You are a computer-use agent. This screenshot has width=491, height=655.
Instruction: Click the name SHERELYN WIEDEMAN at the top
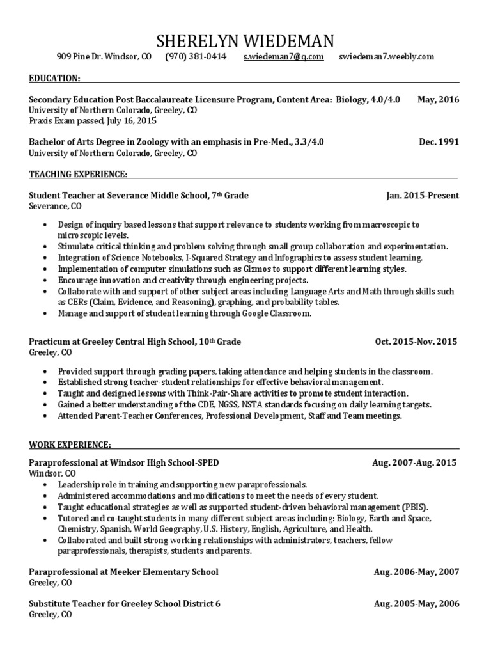(245, 42)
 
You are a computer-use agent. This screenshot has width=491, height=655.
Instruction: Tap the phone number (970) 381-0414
(196, 57)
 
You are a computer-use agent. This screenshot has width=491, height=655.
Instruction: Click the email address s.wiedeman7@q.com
(283, 57)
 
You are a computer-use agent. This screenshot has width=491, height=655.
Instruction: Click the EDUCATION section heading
(54, 78)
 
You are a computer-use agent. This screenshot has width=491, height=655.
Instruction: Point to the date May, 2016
(438, 99)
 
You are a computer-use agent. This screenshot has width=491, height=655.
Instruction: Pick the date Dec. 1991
(439, 142)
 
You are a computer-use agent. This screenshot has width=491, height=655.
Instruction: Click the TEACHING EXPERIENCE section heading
(78, 174)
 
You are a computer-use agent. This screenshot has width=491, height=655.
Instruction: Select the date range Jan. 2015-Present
(422, 195)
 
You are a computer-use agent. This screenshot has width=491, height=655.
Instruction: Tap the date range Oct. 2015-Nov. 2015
(416, 342)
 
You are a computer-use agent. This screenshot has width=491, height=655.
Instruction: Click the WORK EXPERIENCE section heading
(70, 445)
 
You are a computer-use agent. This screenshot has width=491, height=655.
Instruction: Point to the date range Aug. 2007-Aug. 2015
(414, 462)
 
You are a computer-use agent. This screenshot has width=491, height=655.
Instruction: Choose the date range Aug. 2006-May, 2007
(416, 571)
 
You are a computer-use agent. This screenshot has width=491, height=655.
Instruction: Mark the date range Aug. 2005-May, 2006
(416, 603)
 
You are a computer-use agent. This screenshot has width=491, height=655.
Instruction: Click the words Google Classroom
(276, 313)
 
